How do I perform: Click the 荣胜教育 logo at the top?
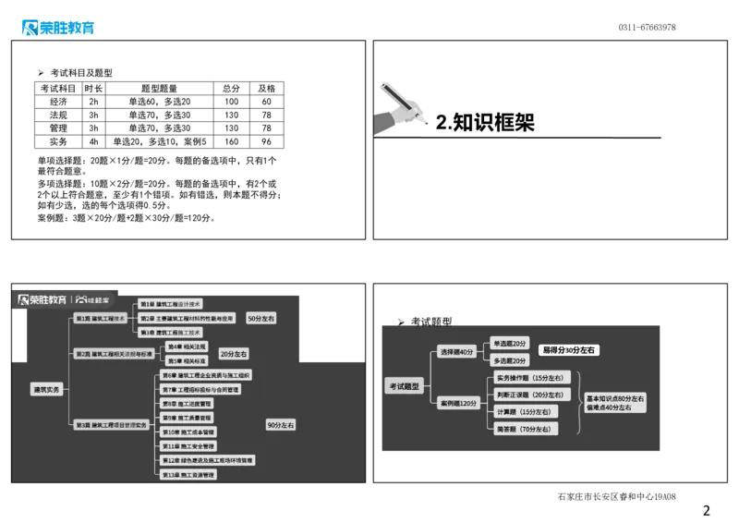click(56, 27)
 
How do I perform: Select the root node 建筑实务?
click(46, 389)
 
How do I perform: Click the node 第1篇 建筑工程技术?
click(101, 317)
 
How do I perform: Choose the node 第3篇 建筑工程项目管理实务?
click(111, 424)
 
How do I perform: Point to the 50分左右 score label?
click(261, 318)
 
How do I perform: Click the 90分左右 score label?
click(281, 425)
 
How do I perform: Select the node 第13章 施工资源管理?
click(188, 475)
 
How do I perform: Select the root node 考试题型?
click(404, 386)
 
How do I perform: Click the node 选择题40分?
click(456, 351)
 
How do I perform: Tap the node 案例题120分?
click(458, 403)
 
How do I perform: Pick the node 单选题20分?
click(509, 343)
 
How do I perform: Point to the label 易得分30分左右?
click(569, 350)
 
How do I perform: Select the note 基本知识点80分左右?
click(615, 397)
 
